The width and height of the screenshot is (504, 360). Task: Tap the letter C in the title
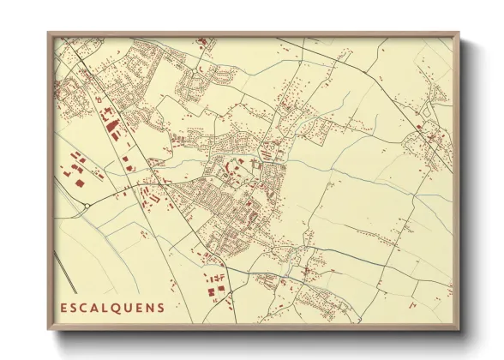(x=85, y=307)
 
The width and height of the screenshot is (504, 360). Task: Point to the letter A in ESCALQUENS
(x=96, y=307)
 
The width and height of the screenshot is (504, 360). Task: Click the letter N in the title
(x=151, y=307)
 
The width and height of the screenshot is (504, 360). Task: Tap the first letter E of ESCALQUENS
(x=63, y=307)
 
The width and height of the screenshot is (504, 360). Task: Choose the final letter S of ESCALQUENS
(x=161, y=307)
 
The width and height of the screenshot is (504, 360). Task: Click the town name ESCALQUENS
(x=112, y=307)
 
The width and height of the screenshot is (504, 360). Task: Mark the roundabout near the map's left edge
(x=88, y=206)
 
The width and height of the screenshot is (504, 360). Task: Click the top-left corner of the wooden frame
(x=48, y=33)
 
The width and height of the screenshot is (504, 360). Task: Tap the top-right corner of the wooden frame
(x=459, y=33)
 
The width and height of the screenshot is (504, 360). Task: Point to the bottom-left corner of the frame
(x=48, y=330)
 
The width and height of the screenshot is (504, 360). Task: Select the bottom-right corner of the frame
(x=459, y=330)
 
